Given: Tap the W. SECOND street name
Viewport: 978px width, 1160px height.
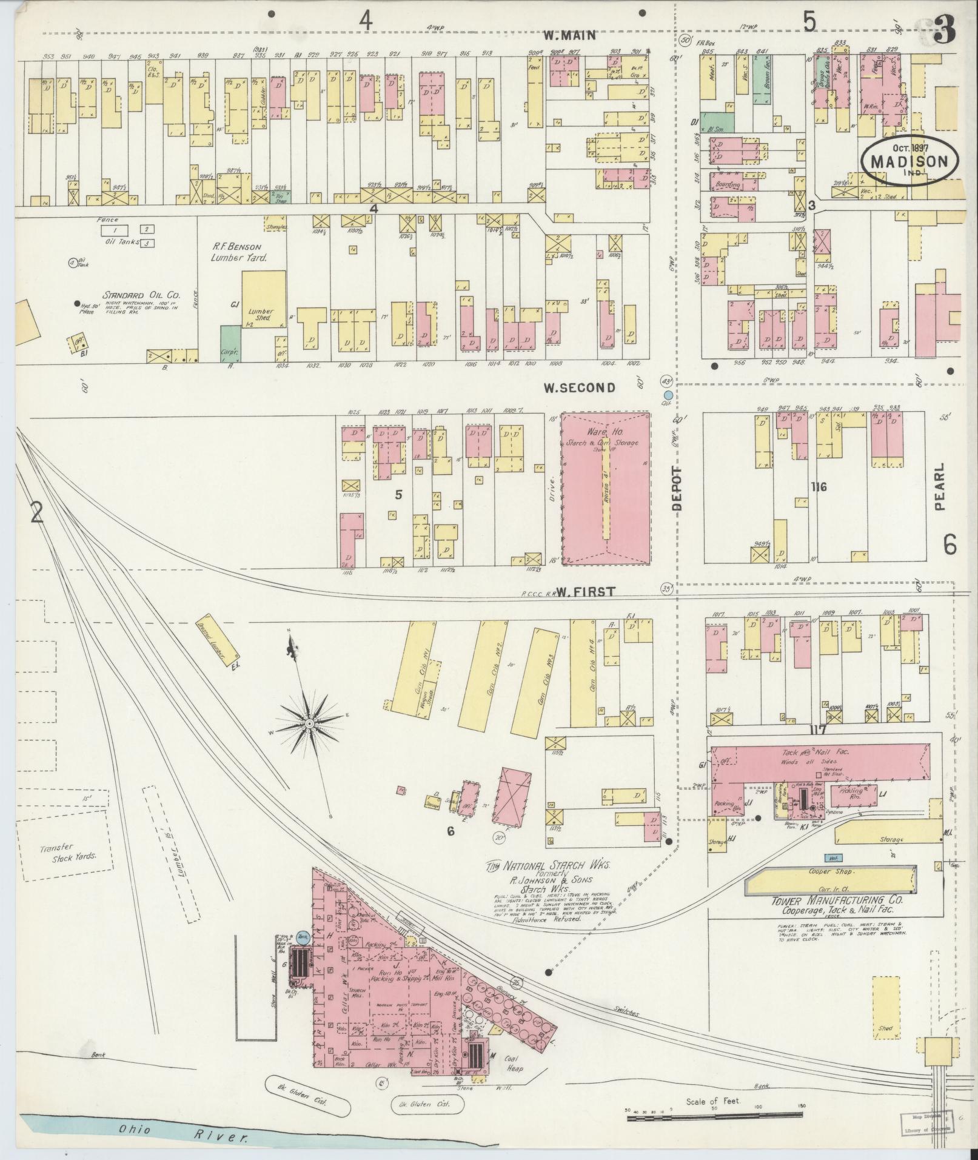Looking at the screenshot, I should point(579,388).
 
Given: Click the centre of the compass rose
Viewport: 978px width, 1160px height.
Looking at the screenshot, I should point(309,723).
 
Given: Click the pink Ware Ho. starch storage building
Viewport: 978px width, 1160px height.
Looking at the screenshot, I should point(605,489).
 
